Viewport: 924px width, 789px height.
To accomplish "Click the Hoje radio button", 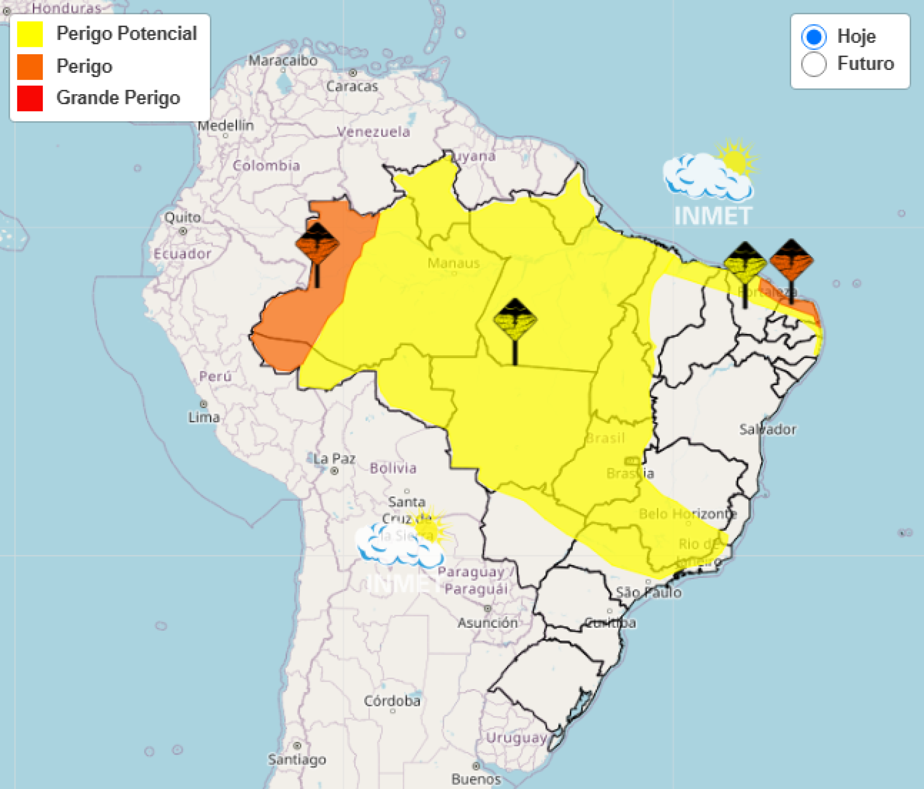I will pos(813,37).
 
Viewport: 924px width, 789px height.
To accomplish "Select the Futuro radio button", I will pos(813,64).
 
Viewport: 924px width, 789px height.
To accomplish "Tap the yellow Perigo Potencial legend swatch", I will pos(30,34).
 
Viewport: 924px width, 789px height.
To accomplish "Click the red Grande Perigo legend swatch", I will pos(30,98).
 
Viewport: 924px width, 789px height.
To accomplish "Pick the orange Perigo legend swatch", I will pos(30,67).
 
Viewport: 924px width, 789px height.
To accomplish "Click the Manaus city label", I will pos(453,263).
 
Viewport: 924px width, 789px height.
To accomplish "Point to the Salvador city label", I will pos(768,429).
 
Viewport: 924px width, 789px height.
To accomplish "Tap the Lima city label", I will pos(204,417).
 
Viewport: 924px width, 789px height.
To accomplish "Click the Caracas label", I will pos(352,86).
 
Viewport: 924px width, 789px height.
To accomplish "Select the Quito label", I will pos(182,217).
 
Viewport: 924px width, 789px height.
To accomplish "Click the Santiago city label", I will pos(297,759).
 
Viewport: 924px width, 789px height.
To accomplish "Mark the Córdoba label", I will pos(392,701).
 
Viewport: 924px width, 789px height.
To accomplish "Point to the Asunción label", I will pos(488,623).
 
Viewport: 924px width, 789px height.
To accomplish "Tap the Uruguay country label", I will pos(516,738).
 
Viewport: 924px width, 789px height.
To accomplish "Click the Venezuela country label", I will pos(373,132).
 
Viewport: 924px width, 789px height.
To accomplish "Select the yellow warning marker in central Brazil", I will pos(515,320).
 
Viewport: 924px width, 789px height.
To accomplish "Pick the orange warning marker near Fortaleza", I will pos(791,261).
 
